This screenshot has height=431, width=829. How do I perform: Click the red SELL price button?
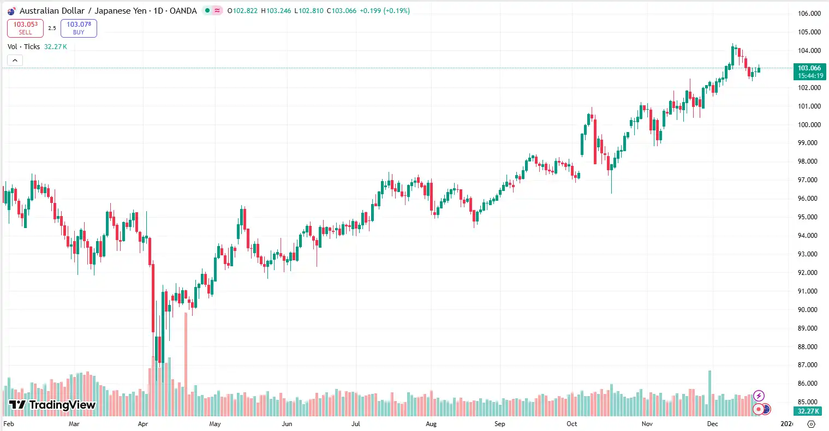(x=25, y=28)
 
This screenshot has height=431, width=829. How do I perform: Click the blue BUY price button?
(x=79, y=28)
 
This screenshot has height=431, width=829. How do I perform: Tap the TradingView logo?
(x=52, y=405)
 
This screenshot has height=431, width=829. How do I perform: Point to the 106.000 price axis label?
(x=809, y=14)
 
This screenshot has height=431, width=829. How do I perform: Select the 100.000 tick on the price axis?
(x=809, y=124)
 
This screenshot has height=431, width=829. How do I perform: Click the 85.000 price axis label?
(x=809, y=402)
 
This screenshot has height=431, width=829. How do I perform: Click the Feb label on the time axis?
(x=9, y=424)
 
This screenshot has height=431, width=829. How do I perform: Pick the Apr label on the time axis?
(x=143, y=424)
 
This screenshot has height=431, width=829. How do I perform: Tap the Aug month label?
(x=431, y=424)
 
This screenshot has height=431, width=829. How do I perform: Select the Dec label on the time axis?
(x=713, y=424)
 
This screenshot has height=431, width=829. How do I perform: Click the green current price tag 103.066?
(x=809, y=71)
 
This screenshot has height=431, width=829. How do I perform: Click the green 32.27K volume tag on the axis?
(x=809, y=411)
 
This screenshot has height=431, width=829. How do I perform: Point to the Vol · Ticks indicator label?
(x=24, y=47)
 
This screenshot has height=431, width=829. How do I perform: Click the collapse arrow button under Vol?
(x=15, y=60)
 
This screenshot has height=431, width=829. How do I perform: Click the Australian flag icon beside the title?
(x=11, y=11)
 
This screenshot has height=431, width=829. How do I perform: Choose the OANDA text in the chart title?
(x=183, y=11)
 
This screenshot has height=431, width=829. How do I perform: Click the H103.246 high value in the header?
(x=276, y=11)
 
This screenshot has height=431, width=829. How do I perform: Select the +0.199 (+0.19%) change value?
(x=384, y=11)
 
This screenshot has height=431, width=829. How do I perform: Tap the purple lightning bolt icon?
(x=759, y=396)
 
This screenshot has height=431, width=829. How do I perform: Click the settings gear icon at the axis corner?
(x=811, y=424)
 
